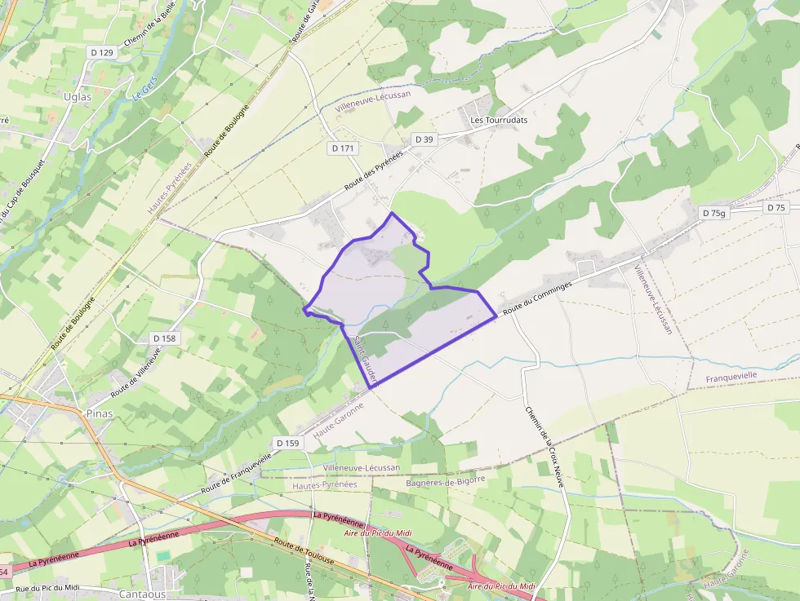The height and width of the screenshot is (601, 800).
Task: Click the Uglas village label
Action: (78, 96)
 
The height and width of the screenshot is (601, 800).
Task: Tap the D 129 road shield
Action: (102, 52)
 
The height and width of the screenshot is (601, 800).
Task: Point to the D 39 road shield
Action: (424, 139)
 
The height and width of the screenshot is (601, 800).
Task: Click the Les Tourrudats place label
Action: (499, 120)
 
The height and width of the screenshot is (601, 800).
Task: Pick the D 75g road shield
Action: (713, 213)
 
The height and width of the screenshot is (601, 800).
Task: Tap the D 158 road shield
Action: (164, 338)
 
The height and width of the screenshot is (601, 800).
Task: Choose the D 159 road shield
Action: (288, 443)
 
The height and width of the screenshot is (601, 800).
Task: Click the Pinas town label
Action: (99, 413)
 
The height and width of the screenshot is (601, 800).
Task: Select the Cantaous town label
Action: (143, 594)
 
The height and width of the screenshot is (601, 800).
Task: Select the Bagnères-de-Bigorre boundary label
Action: (445, 481)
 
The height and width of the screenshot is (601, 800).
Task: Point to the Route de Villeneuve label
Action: (136, 371)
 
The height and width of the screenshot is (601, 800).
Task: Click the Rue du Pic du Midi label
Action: (47, 588)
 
